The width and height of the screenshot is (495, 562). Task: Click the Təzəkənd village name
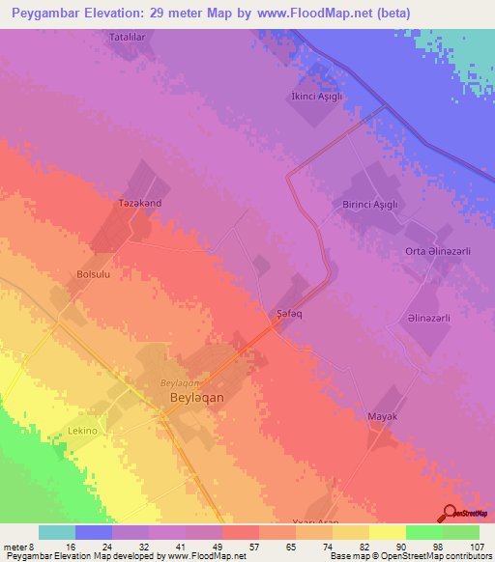pyautogui.click(x=139, y=205)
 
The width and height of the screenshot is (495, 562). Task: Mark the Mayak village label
pyautogui.click(x=383, y=416)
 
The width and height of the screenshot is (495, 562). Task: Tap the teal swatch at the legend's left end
pyautogui.click(x=57, y=532)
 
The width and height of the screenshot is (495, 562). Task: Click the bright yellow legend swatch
pyautogui.click(x=387, y=532)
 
